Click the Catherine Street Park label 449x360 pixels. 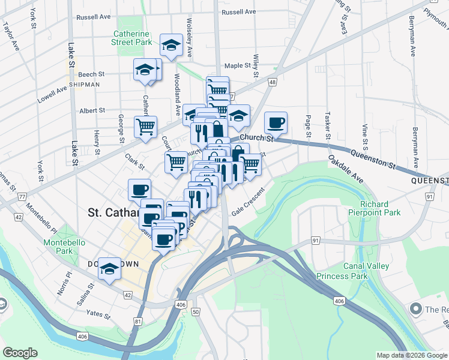[x=131, y=38]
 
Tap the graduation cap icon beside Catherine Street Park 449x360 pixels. [x=171, y=45]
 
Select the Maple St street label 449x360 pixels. [x=237, y=66]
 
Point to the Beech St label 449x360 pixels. [x=91, y=74]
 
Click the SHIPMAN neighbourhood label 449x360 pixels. [x=84, y=85]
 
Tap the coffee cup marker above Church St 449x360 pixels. [x=276, y=122]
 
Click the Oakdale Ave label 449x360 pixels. [x=346, y=169]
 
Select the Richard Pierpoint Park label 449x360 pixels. [x=376, y=208]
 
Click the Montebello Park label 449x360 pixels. [x=60, y=247]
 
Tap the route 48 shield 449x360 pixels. [x=273, y=82]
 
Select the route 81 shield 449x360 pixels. [x=139, y=322]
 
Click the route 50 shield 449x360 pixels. [x=196, y=311]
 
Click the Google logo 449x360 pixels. [x=20, y=352]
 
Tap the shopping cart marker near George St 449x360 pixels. [x=145, y=127]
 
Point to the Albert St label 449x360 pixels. [x=92, y=110]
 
